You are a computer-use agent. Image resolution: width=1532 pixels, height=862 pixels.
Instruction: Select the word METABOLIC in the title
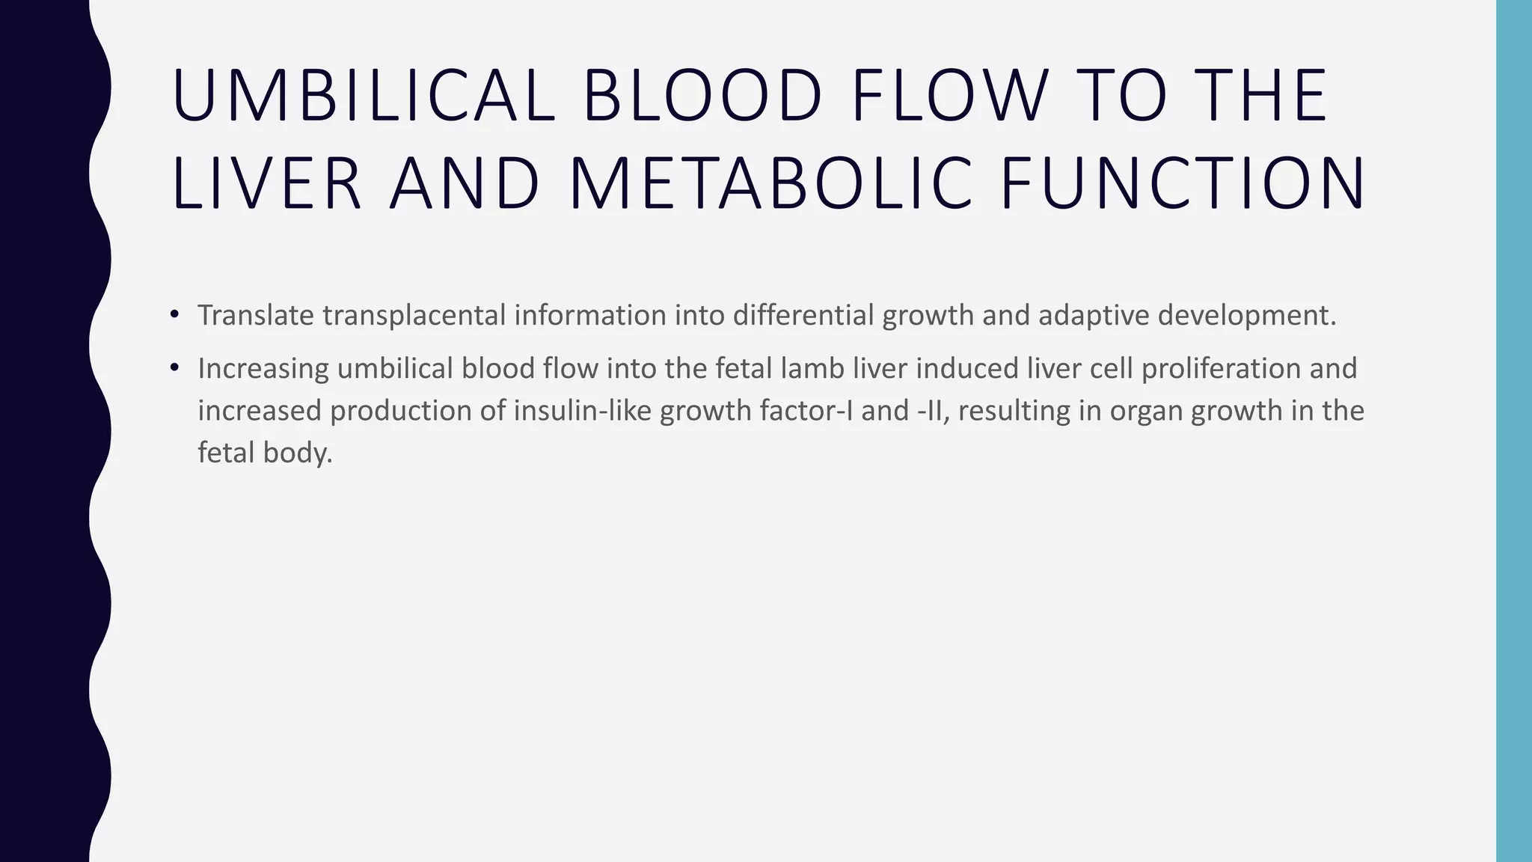(770, 183)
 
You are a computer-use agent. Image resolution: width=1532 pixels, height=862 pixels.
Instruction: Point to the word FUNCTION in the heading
(1183, 183)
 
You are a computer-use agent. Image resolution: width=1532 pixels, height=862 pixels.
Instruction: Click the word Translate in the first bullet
(256, 315)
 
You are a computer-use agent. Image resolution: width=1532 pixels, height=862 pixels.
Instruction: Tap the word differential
(803, 315)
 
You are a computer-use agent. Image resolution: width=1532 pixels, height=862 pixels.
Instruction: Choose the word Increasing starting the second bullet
(263, 368)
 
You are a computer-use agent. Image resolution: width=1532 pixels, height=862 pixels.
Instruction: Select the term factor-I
(803, 411)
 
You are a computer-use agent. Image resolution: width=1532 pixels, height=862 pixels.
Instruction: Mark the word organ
(1145, 411)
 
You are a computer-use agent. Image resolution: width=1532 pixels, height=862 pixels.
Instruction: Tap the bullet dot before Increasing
(174, 367)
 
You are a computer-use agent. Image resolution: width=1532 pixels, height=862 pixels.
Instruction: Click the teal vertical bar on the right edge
(1514, 431)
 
